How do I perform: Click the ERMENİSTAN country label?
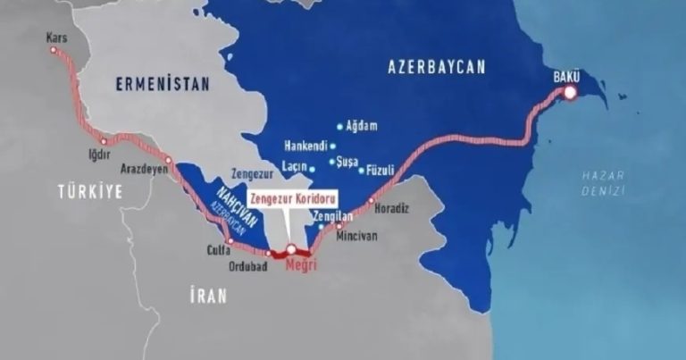(x=162, y=84)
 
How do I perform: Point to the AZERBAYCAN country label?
(x=437, y=66)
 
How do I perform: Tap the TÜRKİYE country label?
(x=89, y=191)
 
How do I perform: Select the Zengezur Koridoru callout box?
(x=289, y=202)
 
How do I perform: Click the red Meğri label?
(x=299, y=265)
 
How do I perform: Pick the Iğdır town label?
(x=97, y=155)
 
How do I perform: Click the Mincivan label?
(x=356, y=236)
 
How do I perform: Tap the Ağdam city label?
(x=362, y=126)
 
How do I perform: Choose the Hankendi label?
(x=305, y=146)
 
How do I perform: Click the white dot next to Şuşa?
(x=331, y=162)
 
